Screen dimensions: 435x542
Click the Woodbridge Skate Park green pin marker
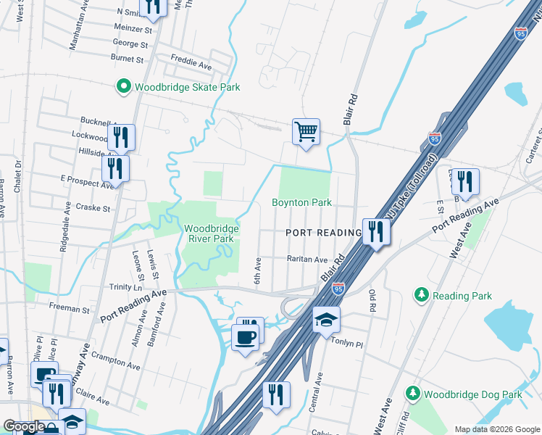[x=123, y=87]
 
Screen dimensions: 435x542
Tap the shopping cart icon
[x=306, y=133]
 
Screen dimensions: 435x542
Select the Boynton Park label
[x=301, y=202]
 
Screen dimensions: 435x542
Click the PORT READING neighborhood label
[x=323, y=233]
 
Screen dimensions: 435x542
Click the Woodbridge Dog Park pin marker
[x=412, y=394]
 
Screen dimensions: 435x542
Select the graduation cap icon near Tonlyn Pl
[x=326, y=320]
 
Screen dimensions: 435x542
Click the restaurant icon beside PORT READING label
[x=375, y=233]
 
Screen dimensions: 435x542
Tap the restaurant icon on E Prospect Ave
[x=115, y=169]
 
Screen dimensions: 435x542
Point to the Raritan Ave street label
[x=308, y=259]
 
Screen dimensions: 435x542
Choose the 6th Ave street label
[x=257, y=270]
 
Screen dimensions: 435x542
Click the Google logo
[x=24, y=426]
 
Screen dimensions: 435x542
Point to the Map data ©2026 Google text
[x=496, y=429]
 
